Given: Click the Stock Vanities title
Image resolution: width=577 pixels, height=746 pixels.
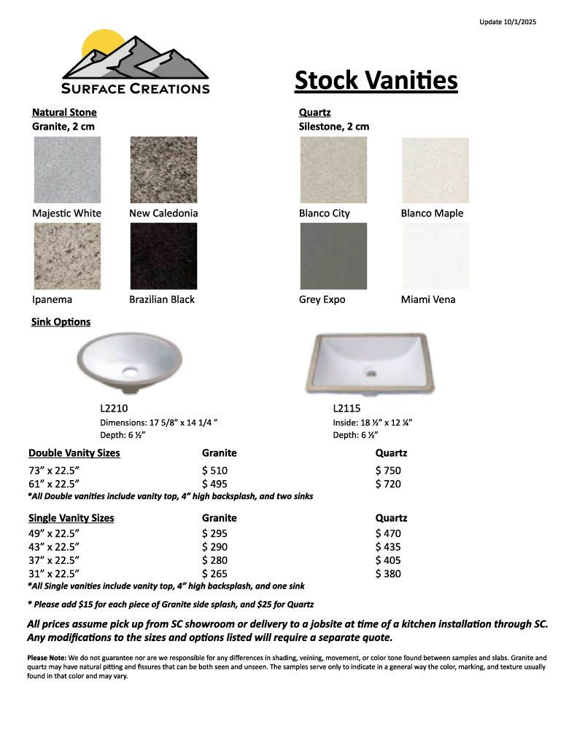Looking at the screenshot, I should [376, 80].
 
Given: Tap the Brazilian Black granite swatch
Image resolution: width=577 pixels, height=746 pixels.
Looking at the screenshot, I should [163, 256].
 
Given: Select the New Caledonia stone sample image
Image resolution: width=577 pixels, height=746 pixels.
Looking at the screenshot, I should [163, 170].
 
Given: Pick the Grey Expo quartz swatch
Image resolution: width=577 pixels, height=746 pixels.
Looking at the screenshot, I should [333, 256].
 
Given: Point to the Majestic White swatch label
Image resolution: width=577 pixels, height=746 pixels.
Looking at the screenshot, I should [67, 213].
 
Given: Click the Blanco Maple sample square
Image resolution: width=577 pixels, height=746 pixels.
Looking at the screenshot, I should [435, 170].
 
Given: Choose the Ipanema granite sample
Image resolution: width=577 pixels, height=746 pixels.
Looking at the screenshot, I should [67, 256].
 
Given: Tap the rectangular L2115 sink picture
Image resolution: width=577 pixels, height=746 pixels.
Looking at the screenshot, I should [371, 364].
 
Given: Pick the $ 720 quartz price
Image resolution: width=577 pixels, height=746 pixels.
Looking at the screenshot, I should [388, 484].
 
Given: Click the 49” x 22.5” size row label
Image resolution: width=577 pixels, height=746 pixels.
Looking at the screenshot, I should [54, 533].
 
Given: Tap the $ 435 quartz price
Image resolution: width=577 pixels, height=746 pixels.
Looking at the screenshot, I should [388, 546].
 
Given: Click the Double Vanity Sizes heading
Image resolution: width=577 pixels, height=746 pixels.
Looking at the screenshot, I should [74, 453].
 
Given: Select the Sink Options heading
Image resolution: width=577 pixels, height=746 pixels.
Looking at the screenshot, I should [61, 321].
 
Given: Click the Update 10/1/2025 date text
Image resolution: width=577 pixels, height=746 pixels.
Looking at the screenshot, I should [508, 22].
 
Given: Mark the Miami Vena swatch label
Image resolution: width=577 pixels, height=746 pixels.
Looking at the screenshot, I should [428, 299].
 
